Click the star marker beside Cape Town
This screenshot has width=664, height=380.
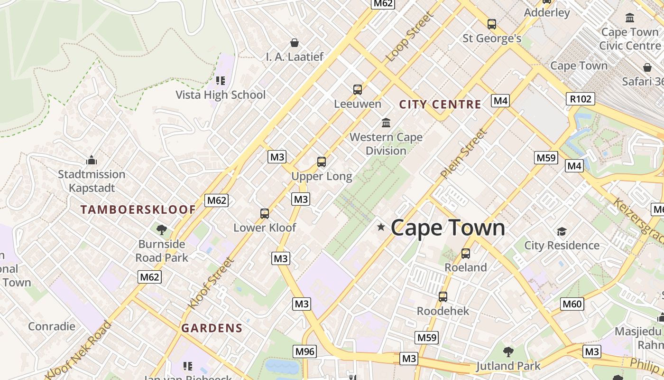point(381,227)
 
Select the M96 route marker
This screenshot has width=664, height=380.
point(304,351)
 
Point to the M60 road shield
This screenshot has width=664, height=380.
point(572,304)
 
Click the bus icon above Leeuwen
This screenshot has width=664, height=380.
point(358,89)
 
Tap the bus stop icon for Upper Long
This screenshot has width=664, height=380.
point(322,162)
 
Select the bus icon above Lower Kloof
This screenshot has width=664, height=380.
point(265,214)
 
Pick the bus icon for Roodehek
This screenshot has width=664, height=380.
point(443,297)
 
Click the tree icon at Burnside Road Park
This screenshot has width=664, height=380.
point(162,230)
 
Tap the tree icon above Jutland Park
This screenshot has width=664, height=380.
point(508,352)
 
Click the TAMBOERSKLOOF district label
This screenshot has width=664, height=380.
point(138,209)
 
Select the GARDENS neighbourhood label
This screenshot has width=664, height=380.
point(212,328)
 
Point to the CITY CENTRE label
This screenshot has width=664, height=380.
point(440,104)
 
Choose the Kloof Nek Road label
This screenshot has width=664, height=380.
point(79,350)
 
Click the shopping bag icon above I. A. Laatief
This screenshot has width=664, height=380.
point(295,43)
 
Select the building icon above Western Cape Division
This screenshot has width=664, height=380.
point(386,123)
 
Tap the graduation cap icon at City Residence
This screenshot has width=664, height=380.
point(562,231)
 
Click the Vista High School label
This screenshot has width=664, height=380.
point(221,95)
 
